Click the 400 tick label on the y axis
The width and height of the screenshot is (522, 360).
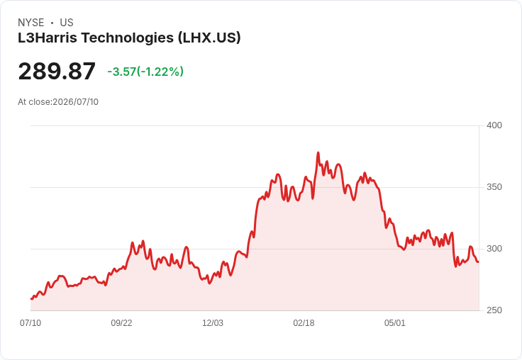494,125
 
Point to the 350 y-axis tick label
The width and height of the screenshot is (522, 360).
494,187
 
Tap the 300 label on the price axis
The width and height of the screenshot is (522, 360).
494,249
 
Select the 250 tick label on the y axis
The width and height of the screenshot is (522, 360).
494,310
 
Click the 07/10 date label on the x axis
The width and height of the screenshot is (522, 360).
30,323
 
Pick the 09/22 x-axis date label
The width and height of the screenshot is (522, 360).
121,323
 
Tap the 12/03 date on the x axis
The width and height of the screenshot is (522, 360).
213,323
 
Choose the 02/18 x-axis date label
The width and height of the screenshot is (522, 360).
304,323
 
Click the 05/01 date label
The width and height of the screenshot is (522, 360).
395,323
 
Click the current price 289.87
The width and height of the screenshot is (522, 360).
57,71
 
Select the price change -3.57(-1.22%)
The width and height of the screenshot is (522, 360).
145,72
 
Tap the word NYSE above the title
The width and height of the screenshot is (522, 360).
31,23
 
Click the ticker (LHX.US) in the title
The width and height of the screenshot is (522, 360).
209,38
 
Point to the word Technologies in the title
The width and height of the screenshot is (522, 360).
128,38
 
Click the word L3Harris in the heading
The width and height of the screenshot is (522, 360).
48,38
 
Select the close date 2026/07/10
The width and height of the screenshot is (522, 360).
76,102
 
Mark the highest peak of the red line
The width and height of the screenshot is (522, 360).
318,153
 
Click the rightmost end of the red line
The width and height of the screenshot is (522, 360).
479,261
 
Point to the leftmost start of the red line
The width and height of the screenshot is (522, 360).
31,299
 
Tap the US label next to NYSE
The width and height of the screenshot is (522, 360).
67,23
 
